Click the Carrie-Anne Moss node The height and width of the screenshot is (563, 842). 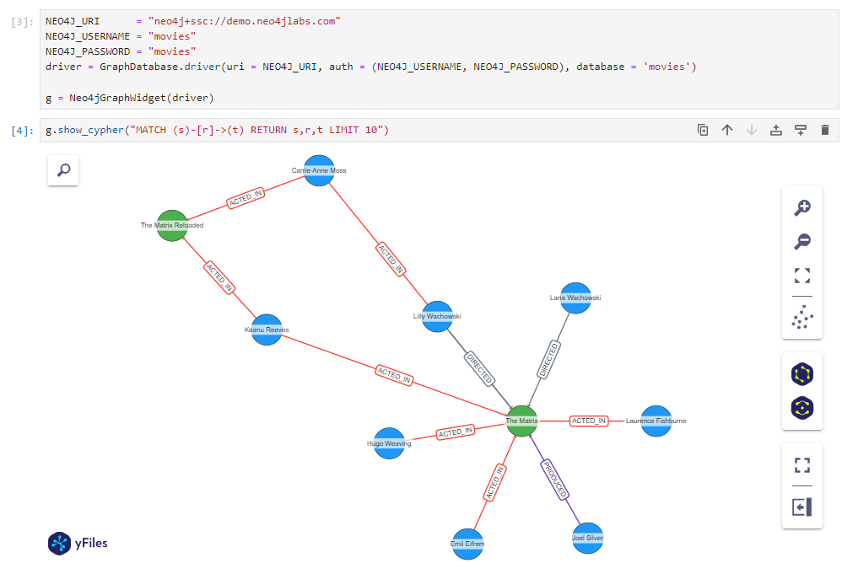(x=319, y=170)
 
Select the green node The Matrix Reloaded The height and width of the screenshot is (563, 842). (x=172, y=226)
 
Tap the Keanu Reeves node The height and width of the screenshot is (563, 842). (x=267, y=330)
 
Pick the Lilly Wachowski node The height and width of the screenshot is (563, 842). (x=437, y=316)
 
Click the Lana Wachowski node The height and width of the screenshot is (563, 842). (x=575, y=298)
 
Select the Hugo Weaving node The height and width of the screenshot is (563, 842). (x=389, y=442)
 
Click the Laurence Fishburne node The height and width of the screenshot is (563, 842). (x=656, y=421)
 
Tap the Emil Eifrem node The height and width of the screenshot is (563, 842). (x=467, y=544)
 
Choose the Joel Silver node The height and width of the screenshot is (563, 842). (x=587, y=537)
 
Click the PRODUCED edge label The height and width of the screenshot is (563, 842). (x=555, y=480)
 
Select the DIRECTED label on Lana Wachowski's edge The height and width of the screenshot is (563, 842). (x=548, y=360)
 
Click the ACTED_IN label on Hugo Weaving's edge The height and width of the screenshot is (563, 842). (x=456, y=432)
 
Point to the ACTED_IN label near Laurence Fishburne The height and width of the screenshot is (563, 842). (x=589, y=421)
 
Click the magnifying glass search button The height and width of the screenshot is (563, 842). (x=63, y=171)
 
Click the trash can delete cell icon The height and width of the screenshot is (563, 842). (x=825, y=130)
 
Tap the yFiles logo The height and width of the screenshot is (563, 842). (x=78, y=544)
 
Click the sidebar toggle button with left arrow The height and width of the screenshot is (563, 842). (x=802, y=507)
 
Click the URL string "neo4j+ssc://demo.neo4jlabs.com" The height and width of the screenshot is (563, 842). (x=244, y=21)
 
